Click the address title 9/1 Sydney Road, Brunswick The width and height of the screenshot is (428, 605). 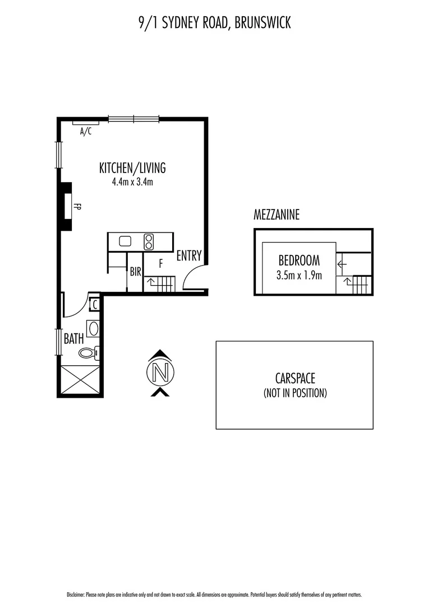[x=214, y=23]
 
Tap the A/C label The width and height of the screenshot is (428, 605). [x=86, y=132]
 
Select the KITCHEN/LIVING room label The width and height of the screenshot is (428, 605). [x=132, y=167]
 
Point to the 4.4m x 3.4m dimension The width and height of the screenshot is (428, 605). [x=132, y=182]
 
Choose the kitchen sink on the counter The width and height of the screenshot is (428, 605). [x=125, y=241]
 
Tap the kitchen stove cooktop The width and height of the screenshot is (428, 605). [x=149, y=241]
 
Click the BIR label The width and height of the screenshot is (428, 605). [x=135, y=272]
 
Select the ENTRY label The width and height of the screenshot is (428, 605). [x=189, y=256]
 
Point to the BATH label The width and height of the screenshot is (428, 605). [x=74, y=338]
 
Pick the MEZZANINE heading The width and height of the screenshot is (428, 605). [x=277, y=215]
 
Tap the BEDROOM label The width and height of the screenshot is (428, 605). [x=299, y=260]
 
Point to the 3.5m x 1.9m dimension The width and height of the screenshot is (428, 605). [x=299, y=274]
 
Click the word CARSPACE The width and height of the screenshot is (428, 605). [x=294, y=379]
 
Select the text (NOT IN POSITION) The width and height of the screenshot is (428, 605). [x=294, y=393]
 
